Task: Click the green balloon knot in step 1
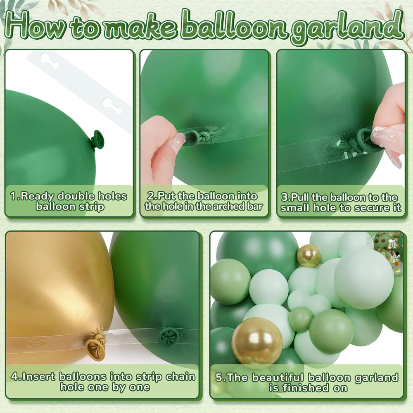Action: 98,139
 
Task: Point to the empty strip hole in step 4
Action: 37,343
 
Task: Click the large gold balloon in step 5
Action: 257,341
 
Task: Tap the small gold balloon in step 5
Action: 309,256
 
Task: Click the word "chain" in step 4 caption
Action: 180,377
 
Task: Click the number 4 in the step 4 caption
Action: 14,377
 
